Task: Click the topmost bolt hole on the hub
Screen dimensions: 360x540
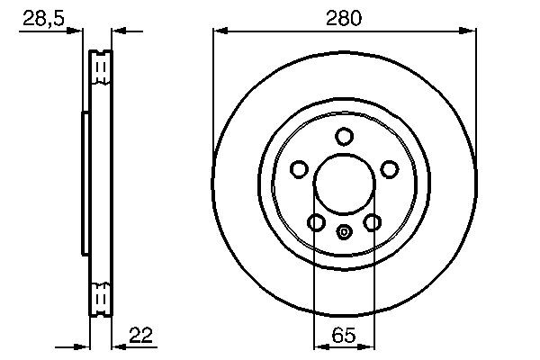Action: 344,136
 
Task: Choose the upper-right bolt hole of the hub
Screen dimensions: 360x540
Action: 390,168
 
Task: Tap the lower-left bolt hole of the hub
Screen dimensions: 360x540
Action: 316,222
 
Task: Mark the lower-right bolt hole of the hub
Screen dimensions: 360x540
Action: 372,222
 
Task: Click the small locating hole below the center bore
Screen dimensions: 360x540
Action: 344,231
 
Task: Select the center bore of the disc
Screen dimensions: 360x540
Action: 344,184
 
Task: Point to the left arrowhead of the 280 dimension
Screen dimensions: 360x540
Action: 219,31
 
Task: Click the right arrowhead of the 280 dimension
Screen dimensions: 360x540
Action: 469,31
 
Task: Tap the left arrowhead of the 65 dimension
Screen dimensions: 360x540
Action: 319,346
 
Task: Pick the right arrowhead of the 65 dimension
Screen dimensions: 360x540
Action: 369,346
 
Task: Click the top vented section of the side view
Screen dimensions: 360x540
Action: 102,69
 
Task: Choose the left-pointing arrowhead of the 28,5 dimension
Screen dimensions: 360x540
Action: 117,31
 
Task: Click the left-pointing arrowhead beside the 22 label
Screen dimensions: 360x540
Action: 117,346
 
